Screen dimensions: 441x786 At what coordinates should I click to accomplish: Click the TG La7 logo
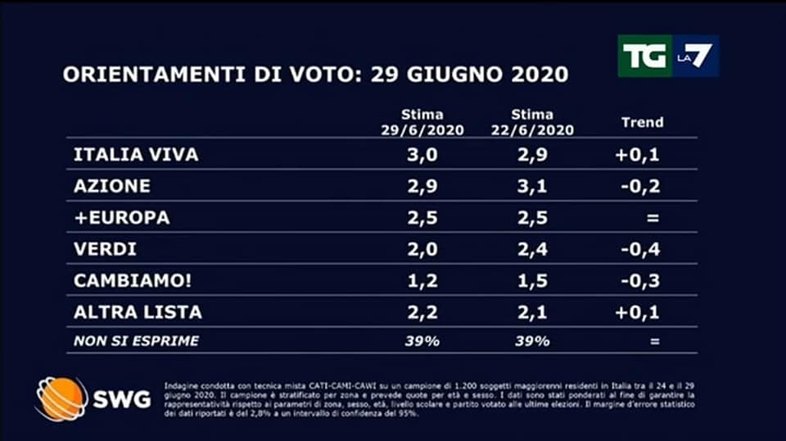(668, 57)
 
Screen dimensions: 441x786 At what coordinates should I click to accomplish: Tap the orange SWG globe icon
(61, 399)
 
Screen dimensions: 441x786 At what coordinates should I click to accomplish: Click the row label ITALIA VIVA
(136, 155)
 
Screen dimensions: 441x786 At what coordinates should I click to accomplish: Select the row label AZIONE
(112, 186)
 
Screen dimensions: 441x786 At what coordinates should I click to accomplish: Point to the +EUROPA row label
(121, 218)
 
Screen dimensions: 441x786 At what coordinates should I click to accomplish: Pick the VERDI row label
(106, 249)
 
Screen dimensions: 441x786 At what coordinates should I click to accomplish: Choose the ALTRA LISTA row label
(138, 312)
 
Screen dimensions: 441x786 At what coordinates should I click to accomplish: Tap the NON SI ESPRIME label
(136, 341)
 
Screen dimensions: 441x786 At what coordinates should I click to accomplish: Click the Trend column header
(643, 122)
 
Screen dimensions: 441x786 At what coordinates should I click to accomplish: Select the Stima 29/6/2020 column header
(422, 122)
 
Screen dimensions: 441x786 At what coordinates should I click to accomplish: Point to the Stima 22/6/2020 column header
(531, 122)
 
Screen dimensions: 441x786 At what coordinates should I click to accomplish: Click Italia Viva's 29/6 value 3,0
(422, 155)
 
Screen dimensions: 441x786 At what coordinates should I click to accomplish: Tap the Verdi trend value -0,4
(643, 249)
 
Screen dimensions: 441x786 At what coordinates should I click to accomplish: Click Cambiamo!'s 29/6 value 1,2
(422, 281)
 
